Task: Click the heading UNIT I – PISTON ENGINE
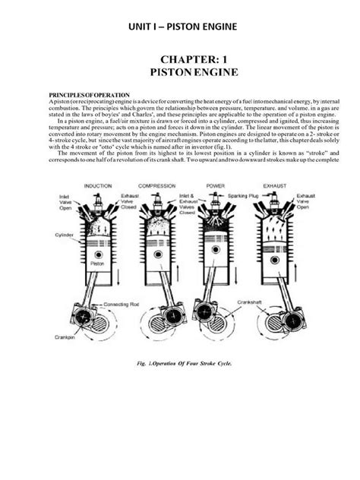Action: pos(179,27)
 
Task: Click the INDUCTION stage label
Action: pos(99,185)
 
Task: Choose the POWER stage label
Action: pos(222,185)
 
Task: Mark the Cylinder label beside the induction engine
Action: pos(63,236)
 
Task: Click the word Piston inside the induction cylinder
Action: pos(97,264)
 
